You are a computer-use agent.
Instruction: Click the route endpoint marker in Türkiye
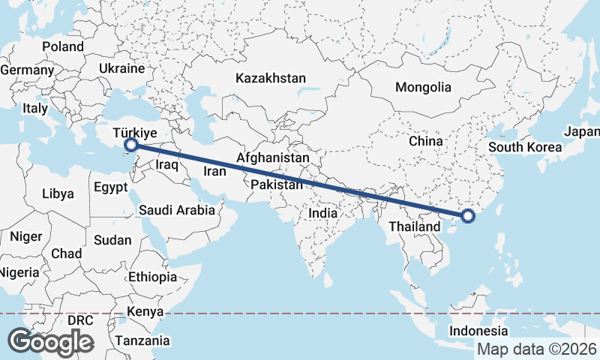(131, 145)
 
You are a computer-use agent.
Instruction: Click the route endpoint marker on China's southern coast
(468, 217)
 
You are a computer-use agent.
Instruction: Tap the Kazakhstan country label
(271, 78)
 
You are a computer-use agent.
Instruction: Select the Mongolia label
(423, 87)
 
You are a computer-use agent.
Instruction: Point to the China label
(426, 140)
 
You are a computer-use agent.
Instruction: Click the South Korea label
(525, 147)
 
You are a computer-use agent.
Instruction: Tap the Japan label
(583, 132)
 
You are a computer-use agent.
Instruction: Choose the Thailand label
(414, 226)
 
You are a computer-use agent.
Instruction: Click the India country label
(323, 213)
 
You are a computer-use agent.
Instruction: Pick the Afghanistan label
(273, 158)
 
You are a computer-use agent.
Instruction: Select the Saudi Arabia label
(176, 211)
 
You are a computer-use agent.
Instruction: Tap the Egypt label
(112, 187)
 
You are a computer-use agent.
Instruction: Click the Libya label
(58, 193)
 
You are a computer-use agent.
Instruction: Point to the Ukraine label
(121, 68)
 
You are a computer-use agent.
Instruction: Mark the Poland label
(63, 46)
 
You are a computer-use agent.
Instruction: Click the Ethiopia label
(152, 277)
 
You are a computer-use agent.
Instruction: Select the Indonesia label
(478, 331)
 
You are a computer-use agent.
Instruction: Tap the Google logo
(50, 342)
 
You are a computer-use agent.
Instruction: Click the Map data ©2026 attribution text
(536, 349)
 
